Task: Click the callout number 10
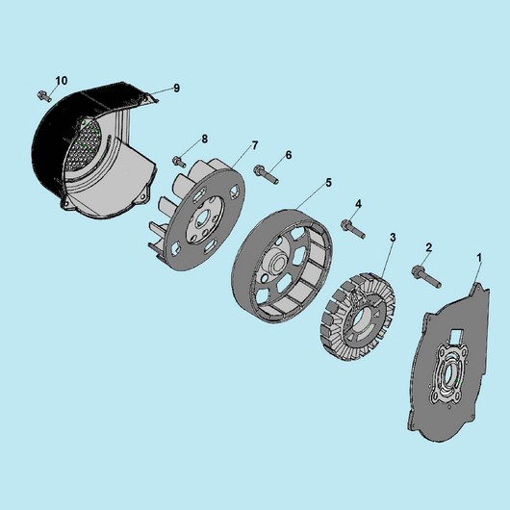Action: click(x=62, y=80)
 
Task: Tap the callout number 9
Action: click(x=176, y=88)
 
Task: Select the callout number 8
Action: click(x=204, y=139)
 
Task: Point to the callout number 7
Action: click(x=255, y=145)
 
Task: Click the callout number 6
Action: click(x=289, y=155)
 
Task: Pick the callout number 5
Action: click(x=328, y=183)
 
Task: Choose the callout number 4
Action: click(x=358, y=204)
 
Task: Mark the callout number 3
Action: click(x=393, y=238)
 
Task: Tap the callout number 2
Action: click(x=428, y=247)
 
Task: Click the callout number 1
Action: click(x=479, y=258)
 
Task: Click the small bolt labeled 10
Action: click(x=44, y=96)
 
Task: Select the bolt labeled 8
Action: click(x=179, y=162)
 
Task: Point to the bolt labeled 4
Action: click(x=353, y=229)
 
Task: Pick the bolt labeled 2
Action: click(x=426, y=277)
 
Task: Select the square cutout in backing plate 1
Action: click(x=456, y=336)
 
